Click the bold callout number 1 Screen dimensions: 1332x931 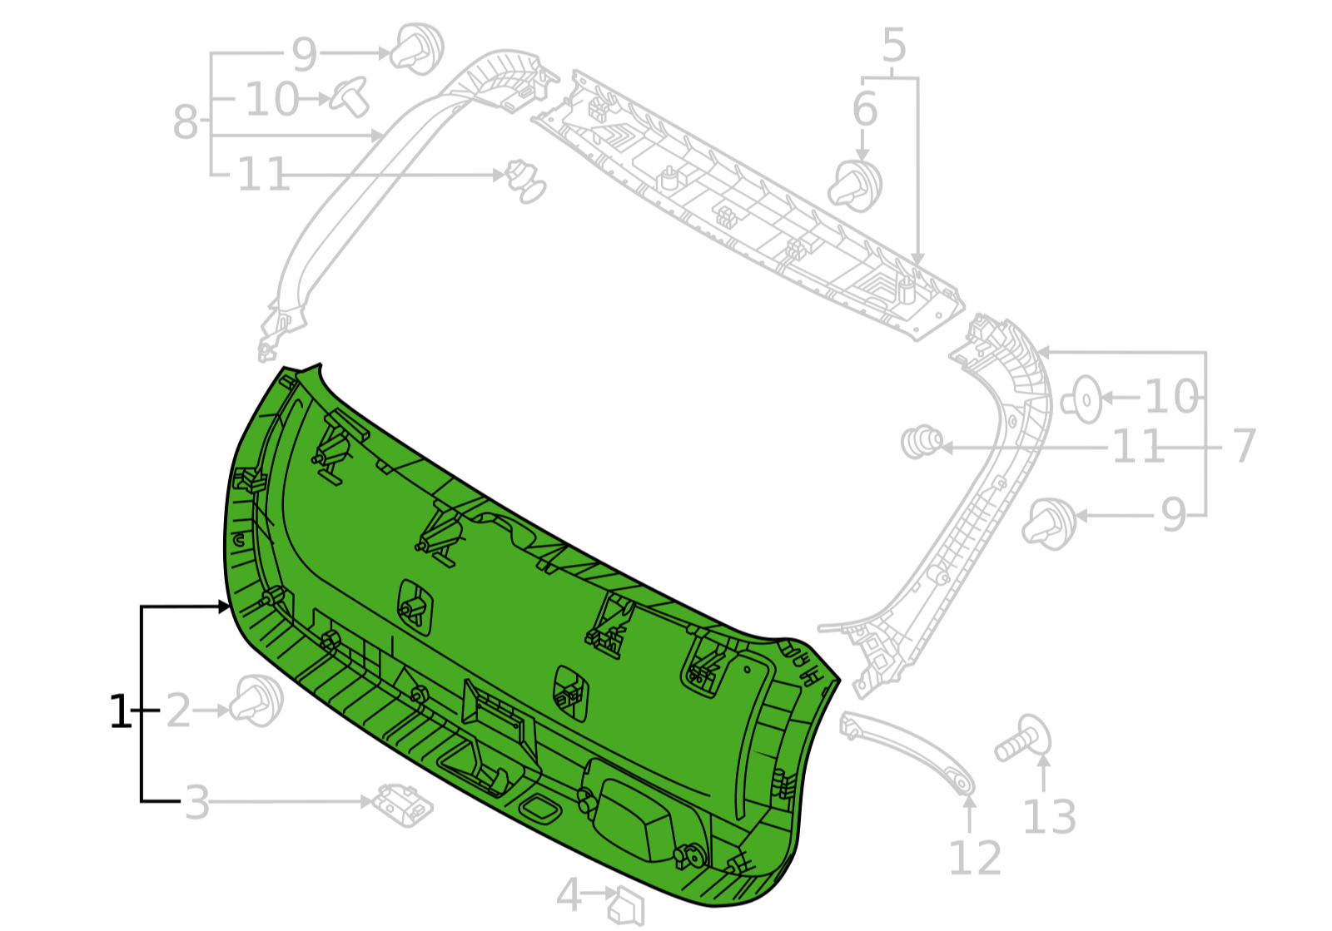click(120, 711)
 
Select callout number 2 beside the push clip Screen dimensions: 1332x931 click(178, 711)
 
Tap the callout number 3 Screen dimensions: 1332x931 click(197, 803)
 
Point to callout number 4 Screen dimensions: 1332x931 click(569, 894)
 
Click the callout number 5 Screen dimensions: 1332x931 click(894, 45)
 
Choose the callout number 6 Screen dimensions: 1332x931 click(865, 109)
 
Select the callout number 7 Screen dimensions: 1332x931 click(1244, 446)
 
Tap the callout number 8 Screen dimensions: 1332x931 click(185, 122)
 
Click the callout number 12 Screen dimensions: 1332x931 click(975, 858)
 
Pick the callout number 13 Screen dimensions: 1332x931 click(1050, 818)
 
